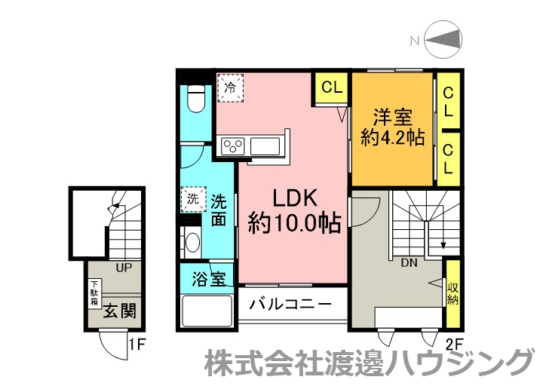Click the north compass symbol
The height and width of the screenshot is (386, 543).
pyautogui.click(x=443, y=39)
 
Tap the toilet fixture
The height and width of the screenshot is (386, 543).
pyautogui.click(x=196, y=99)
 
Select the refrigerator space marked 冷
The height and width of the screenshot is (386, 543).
pyautogui.click(x=231, y=87)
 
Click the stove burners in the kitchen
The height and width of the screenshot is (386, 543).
pyautogui.click(x=233, y=146)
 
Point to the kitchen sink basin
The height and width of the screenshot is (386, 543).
pyautogui.click(x=265, y=146)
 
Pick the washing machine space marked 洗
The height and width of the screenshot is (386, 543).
pyautogui.click(x=193, y=199)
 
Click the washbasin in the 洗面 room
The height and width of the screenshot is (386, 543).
pyautogui.click(x=192, y=242)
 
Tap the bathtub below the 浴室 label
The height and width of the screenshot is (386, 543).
pyautogui.click(x=207, y=311)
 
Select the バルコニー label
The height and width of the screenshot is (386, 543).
pyautogui.click(x=290, y=305)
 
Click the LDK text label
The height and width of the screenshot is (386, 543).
pyautogui.click(x=295, y=198)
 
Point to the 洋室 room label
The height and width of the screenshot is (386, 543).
pyautogui.click(x=393, y=118)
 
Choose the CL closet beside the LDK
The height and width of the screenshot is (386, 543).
pyautogui.click(x=331, y=87)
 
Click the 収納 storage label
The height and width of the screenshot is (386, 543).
pyautogui.click(x=452, y=294)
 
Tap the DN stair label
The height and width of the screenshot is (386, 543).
pyautogui.click(x=409, y=263)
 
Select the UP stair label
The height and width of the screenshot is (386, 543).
pyautogui.click(x=124, y=268)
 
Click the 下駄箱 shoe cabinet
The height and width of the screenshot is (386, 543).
pyautogui.click(x=94, y=293)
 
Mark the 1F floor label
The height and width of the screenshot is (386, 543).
pyautogui.click(x=137, y=345)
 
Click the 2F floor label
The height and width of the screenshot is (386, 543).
pyautogui.click(x=454, y=345)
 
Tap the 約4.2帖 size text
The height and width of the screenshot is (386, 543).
pyautogui.click(x=393, y=138)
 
